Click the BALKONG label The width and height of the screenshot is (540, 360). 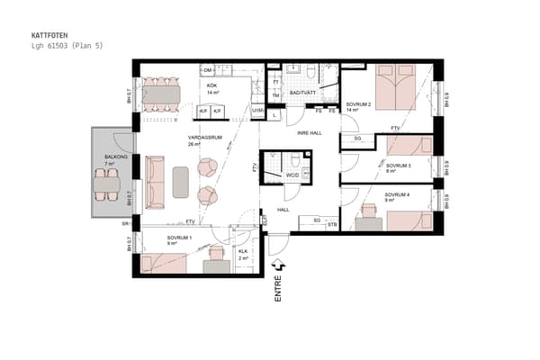(x=115, y=157)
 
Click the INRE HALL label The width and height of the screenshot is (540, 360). (x=310, y=133)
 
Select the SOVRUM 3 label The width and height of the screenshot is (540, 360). (x=399, y=166)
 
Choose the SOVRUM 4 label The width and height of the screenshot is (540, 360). (x=397, y=194)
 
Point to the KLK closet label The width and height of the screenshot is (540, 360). (x=243, y=251)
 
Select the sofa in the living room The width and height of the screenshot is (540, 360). (x=155, y=176)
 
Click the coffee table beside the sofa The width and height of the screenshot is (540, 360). (x=180, y=181)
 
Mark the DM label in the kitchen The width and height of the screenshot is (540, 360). (x=208, y=69)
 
